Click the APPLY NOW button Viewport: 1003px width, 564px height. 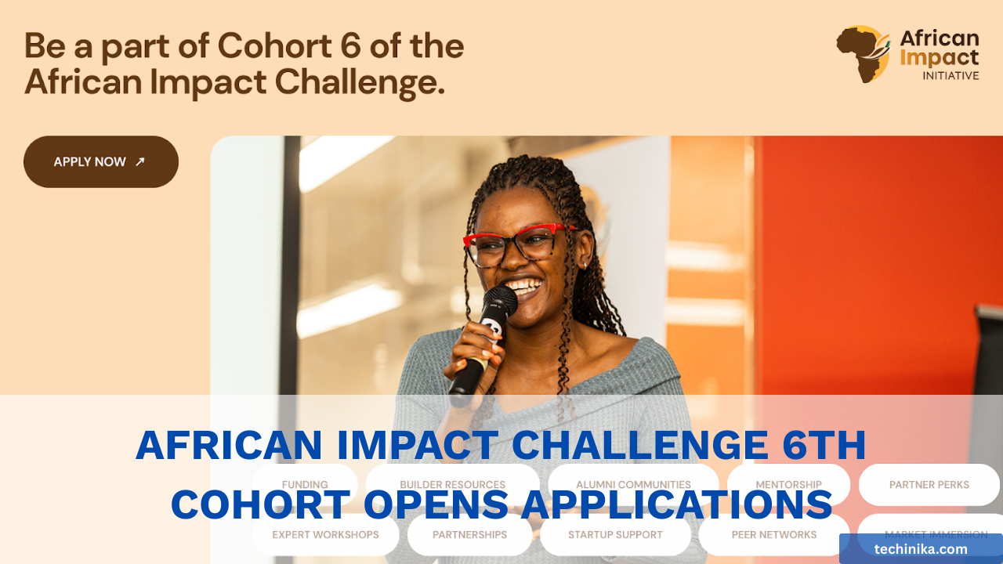click(100, 162)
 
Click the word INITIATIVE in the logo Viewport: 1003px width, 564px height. click(950, 76)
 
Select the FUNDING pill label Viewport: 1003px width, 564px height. click(305, 485)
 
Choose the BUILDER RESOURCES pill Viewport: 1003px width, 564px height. click(452, 485)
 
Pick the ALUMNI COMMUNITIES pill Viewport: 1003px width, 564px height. click(633, 485)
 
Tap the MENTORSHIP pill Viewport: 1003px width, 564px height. click(788, 485)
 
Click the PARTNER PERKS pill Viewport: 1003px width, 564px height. click(929, 485)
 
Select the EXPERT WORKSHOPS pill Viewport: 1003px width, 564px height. click(325, 535)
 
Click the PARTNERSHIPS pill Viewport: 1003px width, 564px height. click(469, 535)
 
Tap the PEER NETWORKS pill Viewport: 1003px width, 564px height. click(773, 535)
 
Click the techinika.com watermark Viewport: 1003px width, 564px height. click(921, 549)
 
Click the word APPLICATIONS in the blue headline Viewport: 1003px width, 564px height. click(675, 504)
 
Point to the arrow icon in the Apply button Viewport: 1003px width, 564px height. click(140, 162)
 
